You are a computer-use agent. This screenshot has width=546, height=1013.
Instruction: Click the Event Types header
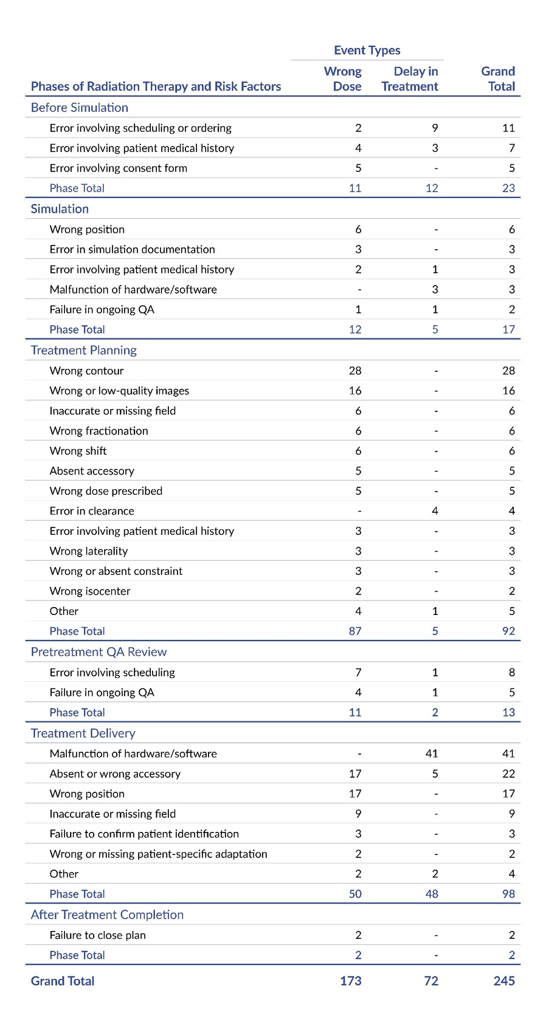coord(367,50)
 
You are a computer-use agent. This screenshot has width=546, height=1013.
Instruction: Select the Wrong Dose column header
coord(344,79)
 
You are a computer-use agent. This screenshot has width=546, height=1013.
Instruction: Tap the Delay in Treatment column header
coord(410,79)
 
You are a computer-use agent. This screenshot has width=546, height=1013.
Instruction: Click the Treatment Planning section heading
coord(84,351)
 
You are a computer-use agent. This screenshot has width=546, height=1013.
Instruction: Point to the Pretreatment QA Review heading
coord(98,652)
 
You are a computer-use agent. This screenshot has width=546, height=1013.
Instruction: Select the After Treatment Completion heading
coord(107,915)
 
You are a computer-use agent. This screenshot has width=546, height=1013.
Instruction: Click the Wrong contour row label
coord(86,371)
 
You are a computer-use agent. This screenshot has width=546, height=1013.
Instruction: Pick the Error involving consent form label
coord(118,168)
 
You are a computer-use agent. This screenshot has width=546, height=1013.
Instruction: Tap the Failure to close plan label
coord(97,935)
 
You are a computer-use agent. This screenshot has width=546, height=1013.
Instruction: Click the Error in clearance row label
coord(92,511)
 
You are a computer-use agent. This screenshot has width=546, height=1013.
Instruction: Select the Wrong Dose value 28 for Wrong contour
coord(355,371)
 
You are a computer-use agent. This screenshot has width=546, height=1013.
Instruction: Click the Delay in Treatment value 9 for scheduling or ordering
coord(435,128)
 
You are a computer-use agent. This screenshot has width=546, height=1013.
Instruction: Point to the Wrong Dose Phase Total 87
coord(355,631)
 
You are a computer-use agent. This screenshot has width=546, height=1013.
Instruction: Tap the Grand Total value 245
coord(504,981)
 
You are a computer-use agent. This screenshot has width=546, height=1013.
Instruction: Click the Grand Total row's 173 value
coord(351,981)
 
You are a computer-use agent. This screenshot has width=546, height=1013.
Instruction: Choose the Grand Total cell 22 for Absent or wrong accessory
coord(508,774)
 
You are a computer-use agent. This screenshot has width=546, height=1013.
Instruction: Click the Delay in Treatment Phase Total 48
coord(432,894)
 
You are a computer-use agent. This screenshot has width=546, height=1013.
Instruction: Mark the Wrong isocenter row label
coord(90,591)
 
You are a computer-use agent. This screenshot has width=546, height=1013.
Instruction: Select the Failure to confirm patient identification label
coord(144,834)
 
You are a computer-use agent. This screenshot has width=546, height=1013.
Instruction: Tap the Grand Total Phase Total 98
coord(508,894)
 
